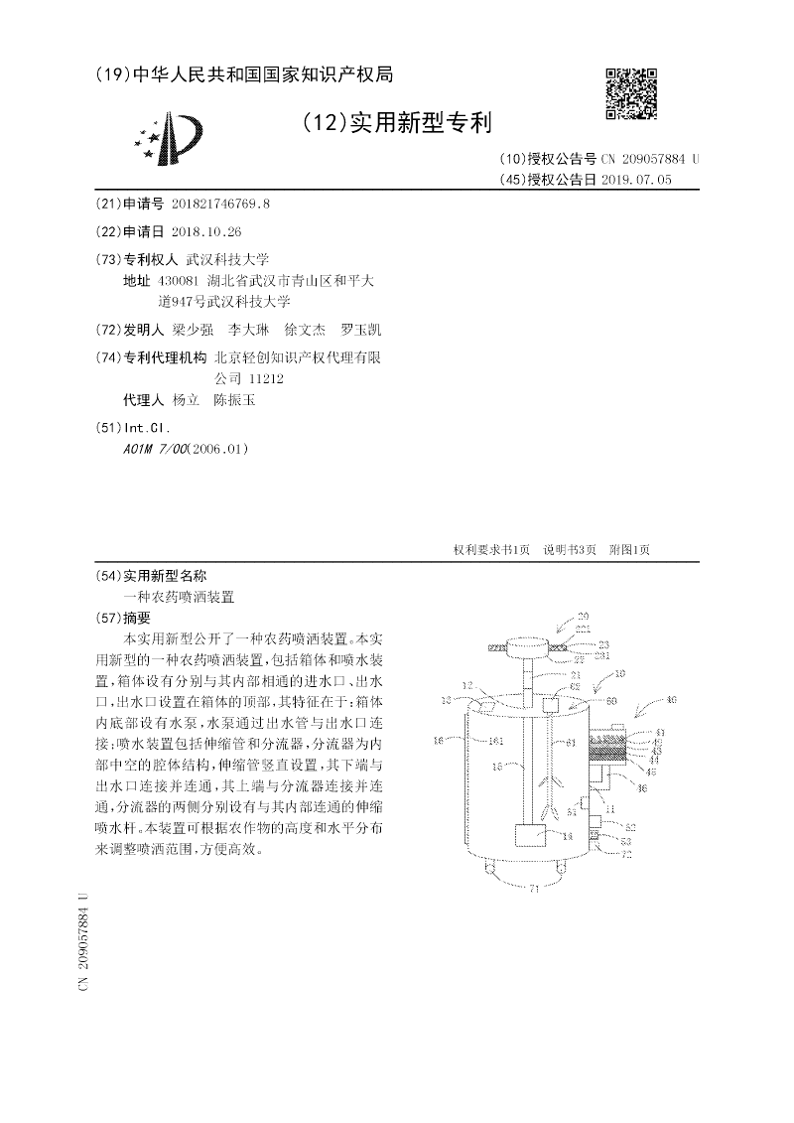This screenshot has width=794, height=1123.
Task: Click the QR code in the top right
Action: pos(631,94)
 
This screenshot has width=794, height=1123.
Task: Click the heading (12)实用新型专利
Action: pos(395,123)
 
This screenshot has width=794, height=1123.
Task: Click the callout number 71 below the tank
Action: pos(533,889)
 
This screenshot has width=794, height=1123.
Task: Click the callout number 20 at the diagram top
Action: pos(584,617)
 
